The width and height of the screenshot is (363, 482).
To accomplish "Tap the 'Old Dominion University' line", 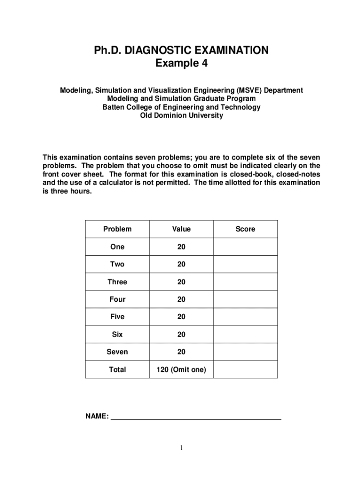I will tap(181, 116).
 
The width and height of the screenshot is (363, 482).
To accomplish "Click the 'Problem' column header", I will tap(117, 229).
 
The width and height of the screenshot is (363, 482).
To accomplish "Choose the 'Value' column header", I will tap(181, 229).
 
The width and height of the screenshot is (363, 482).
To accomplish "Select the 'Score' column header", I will tap(245, 229).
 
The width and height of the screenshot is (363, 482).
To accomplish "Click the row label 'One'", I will tap(117, 247).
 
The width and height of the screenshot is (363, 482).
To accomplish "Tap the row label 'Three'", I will tap(117, 282).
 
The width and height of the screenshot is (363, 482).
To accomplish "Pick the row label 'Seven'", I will tap(117, 352).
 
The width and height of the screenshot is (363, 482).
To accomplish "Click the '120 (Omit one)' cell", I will tap(181, 370).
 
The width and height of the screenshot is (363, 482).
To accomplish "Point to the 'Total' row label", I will tap(117, 370).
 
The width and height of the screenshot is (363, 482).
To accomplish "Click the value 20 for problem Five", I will tap(181, 317).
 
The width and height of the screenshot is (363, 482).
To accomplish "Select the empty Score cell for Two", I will tap(245, 264).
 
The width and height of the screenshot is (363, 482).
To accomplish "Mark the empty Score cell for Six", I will tap(245, 334).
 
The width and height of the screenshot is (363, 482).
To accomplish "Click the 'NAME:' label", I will tap(97, 417).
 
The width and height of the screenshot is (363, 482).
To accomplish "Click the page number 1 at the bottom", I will tap(181, 448).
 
